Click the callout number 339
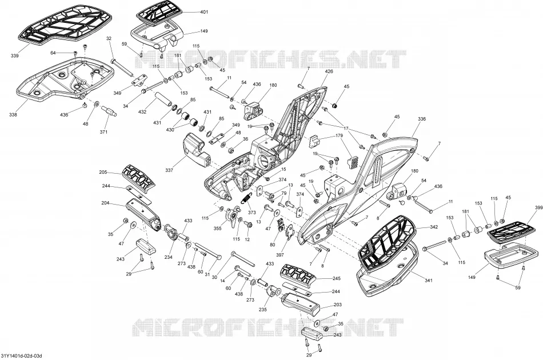pyautogui.click(x=14, y=56)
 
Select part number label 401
pyautogui.click(x=204, y=12)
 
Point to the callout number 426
pyautogui.click(x=329, y=71)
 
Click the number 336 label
pyautogui.click(x=421, y=119)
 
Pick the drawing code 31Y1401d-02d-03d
pyautogui.click(x=22, y=356)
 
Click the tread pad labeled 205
pyautogui.click(x=138, y=177)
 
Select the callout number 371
pyautogui.click(x=103, y=132)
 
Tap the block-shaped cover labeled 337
pyautogui.click(x=196, y=150)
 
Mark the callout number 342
pyautogui.click(x=434, y=227)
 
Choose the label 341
pyautogui.click(x=428, y=281)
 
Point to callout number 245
pyautogui.click(x=336, y=278)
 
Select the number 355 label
pyautogui.click(x=217, y=229)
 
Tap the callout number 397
pyautogui.click(x=280, y=255)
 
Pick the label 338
pyautogui.click(x=13, y=115)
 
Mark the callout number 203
pyautogui.click(x=337, y=305)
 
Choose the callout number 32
pyautogui.click(x=109, y=38)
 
